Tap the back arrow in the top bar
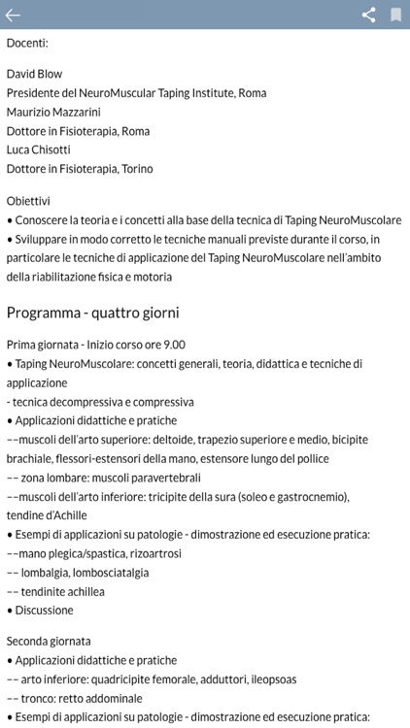13,15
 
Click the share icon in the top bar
368,15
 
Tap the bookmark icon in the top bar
396,15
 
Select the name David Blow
35,74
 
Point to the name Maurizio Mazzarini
59,112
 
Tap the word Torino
136,169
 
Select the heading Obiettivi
29,201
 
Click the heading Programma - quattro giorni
92,313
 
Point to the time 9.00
173,345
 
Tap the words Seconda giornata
49,642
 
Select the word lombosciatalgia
109,573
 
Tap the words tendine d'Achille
48,515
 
